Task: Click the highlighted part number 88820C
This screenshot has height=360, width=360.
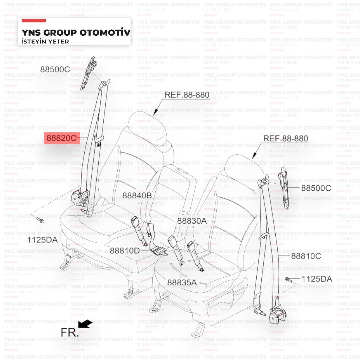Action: (62, 137)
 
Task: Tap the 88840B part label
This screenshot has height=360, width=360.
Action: (137, 196)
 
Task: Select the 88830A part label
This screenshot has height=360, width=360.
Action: (192, 221)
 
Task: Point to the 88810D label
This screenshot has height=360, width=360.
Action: (125, 250)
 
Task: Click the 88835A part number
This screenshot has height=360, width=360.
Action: (182, 282)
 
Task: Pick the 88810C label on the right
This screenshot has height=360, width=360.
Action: (306, 256)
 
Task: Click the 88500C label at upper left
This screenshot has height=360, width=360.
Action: (55, 70)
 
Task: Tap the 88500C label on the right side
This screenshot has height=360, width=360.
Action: (316, 188)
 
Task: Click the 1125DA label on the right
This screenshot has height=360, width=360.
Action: (317, 279)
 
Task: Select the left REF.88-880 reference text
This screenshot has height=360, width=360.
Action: (187, 95)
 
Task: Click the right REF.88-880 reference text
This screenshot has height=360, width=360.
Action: (286, 138)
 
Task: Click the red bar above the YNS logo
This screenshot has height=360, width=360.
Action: (34, 21)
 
